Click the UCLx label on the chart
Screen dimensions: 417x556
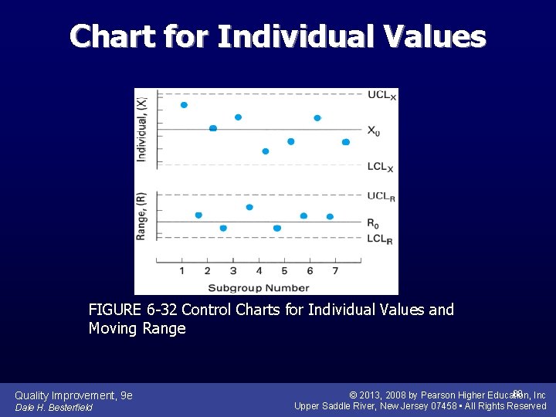[x=381, y=96]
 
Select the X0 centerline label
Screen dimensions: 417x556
[x=373, y=131]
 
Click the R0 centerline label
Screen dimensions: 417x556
[x=373, y=224]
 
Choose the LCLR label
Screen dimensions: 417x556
[x=379, y=239]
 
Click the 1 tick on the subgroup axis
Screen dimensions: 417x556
[x=181, y=271]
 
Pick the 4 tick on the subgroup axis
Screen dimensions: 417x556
[x=259, y=271]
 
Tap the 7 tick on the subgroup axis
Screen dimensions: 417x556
[x=335, y=271]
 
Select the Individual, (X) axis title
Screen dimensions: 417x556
[x=141, y=128]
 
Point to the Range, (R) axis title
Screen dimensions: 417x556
[x=141, y=215]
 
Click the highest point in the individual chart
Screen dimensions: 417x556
[x=184, y=105]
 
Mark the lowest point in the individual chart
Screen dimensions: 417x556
[x=266, y=151]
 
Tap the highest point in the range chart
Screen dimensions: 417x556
[x=249, y=207]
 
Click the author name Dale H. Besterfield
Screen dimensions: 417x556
[x=53, y=407]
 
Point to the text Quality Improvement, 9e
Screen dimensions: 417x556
[x=73, y=395]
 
